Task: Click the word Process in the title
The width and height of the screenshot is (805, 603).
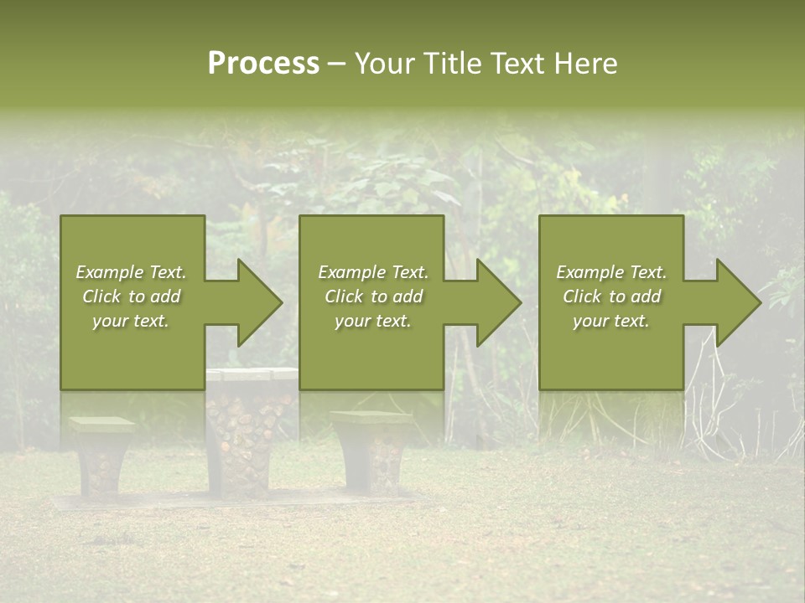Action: click(263, 64)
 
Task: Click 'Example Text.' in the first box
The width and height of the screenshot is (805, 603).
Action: click(131, 272)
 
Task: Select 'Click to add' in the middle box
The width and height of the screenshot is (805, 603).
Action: click(373, 296)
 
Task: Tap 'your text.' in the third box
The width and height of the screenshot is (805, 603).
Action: click(611, 321)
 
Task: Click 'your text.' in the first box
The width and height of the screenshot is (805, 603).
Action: click(131, 321)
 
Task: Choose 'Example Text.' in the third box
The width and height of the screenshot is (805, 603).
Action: click(611, 272)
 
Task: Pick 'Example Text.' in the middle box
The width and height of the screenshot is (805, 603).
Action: click(373, 272)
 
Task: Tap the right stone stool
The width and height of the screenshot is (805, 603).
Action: click(371, 452)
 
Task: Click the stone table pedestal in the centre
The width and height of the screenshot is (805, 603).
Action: click(249, 444)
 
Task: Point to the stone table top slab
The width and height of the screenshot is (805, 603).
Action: click(252, 374)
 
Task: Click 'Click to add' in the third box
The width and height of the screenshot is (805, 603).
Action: click(611, 296)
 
